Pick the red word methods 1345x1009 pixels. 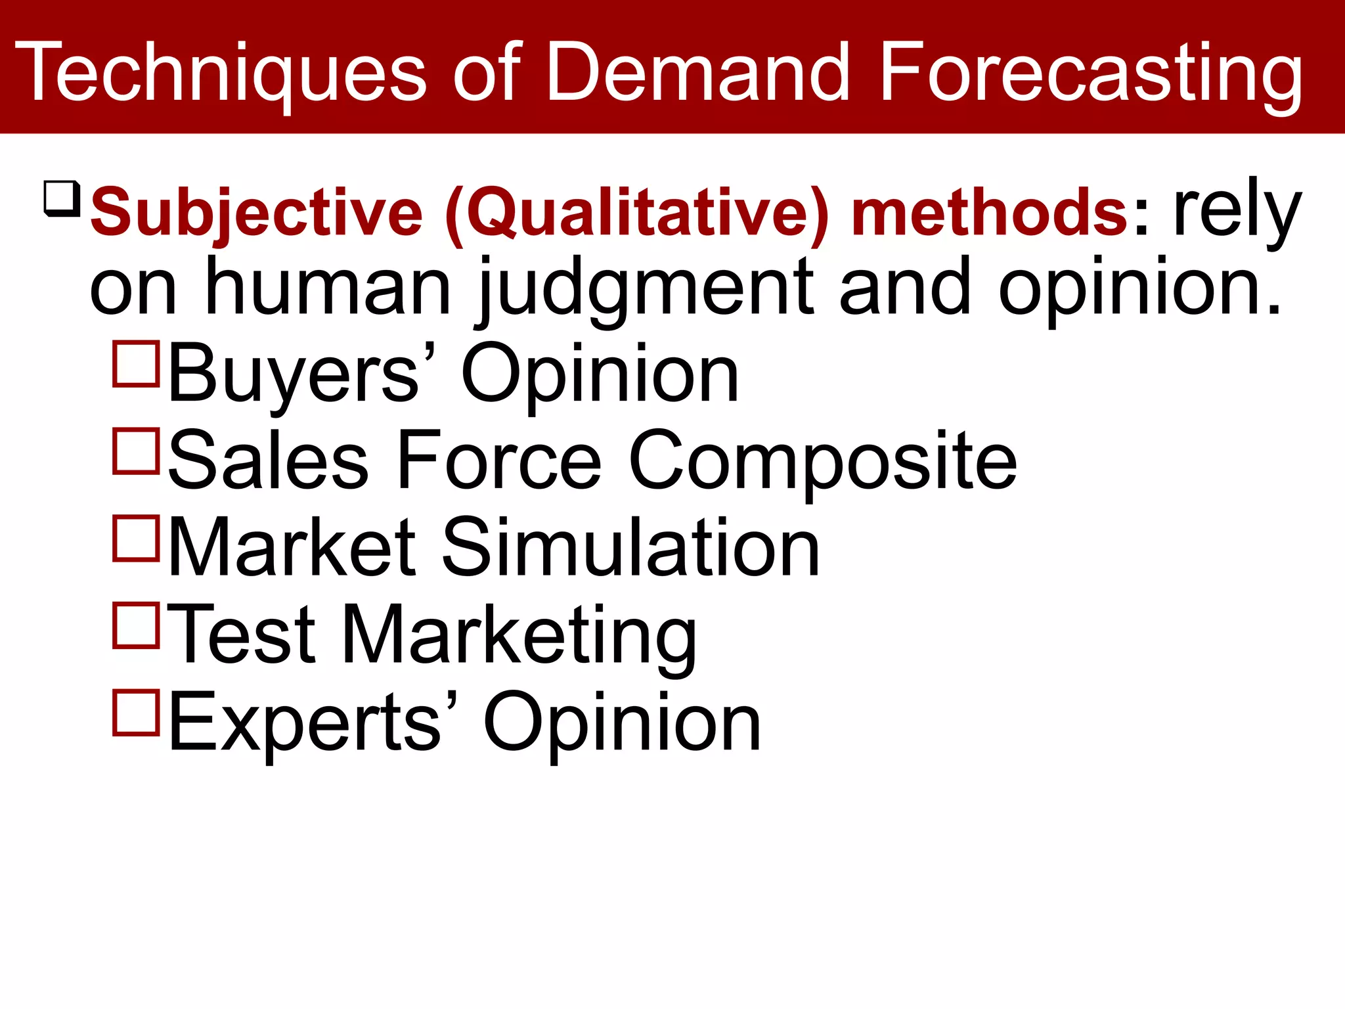click(x=989, y=212)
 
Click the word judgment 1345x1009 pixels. click(x=646, y=289)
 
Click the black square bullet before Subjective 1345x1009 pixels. click(x=62, y=198)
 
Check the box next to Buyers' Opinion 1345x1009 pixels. click(x=137, y=363)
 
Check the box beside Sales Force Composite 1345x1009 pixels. click(x=137, y=451)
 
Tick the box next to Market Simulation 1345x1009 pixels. click(x=137, y=538)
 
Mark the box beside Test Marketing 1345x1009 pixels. click(x=137, y=625)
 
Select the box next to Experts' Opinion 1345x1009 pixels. click(x=137, y=712)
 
